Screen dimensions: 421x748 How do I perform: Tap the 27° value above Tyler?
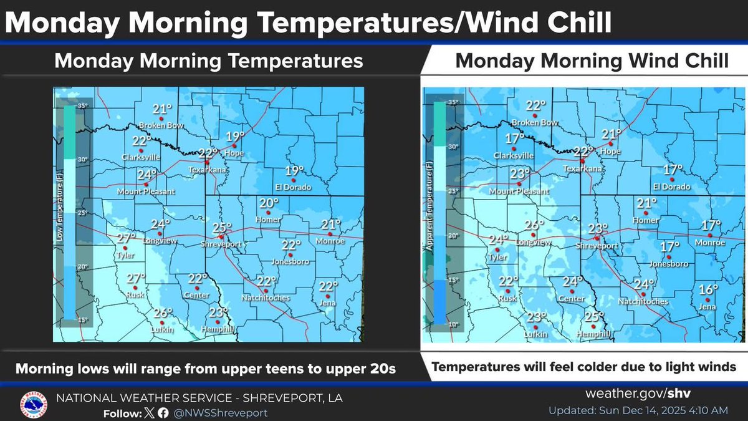(x=127, y=238)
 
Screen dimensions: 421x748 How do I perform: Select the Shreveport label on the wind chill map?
(x=597, y=245)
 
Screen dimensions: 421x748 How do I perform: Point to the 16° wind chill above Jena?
(x=708, y=289)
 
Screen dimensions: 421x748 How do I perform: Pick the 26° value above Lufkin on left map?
(x=163, y=313)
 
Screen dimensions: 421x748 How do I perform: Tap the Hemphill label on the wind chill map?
(x=594, y=334)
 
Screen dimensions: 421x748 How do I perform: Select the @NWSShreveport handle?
(x=221, y=413)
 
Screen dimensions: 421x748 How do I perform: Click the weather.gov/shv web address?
(x=637, y=394)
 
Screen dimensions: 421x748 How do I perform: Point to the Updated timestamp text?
(x=638, y=410)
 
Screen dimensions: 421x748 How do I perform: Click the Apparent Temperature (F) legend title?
(x=429, y=212)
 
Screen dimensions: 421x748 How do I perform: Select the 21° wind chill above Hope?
(x=611, y=134)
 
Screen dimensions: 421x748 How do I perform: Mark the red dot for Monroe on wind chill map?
(x=709, y=236)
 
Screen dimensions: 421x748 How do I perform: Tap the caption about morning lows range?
(x=206, y=369)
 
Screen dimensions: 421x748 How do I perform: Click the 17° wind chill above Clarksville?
(x=515, y=138)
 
